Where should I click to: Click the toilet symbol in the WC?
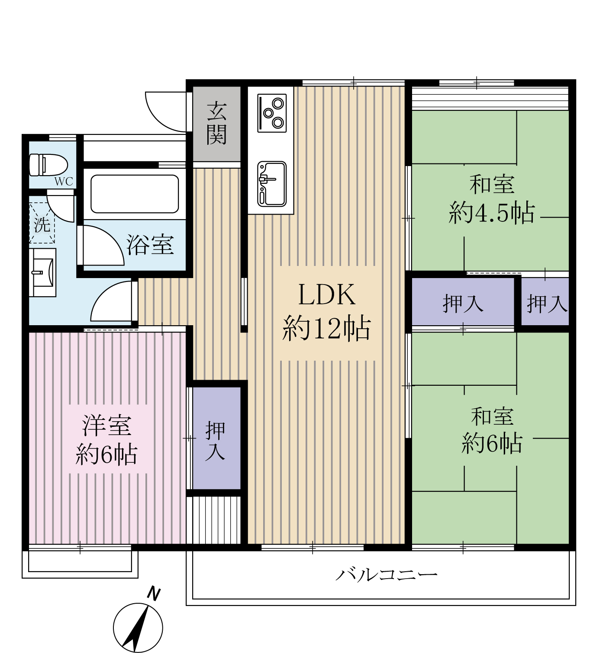pos(48,165)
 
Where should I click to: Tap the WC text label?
pos(64,182)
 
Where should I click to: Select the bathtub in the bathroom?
pos(135,194)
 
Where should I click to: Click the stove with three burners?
pos(272,113)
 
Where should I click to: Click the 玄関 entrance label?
pos(216,123)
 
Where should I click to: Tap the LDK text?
pos(327,295)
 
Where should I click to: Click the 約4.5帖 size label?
pos(492,213)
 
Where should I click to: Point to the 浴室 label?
pos(150,245)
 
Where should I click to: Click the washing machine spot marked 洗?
pos(42,223)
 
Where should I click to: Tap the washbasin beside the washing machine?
pos(43,272)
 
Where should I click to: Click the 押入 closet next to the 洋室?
pos(215,440)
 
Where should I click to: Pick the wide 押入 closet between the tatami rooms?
pos(462,303)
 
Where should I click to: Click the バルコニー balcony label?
pos(387,575)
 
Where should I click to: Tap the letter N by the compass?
pos(153,594)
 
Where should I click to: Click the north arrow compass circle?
pos(138,628)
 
